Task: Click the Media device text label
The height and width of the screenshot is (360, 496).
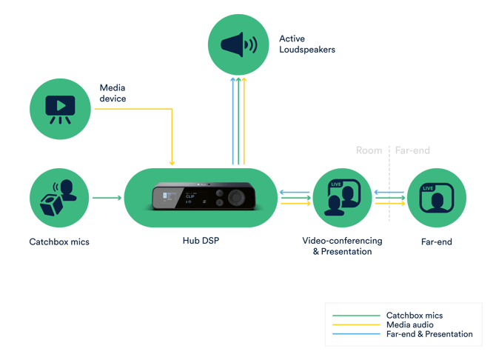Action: [x=113, y=93]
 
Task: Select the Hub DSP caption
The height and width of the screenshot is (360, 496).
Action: [x=201, y=241]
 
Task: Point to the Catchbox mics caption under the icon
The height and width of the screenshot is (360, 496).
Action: [x=59, y=241]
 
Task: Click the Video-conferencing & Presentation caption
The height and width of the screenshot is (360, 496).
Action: [x=342, y=246]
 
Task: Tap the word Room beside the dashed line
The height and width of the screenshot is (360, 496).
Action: [x=369, y=150]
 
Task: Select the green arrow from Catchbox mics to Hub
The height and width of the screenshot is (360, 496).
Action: [x=106, y=198]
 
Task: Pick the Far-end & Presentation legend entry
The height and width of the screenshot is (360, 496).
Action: [x=429, y=335]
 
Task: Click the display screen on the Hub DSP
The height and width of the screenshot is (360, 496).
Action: [x=165, y=198]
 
